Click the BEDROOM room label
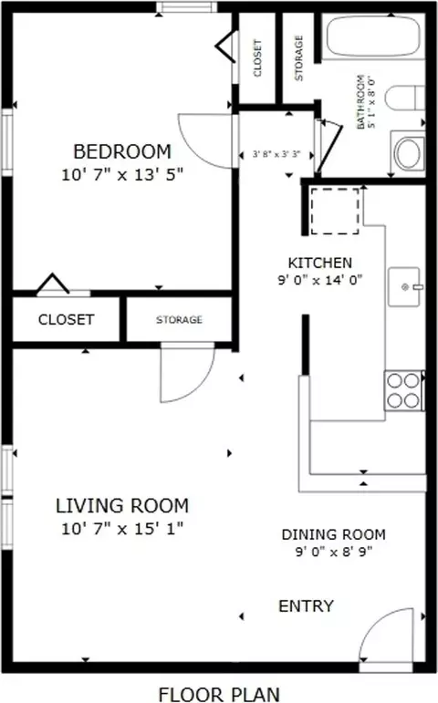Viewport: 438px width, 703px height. click(x=122, y=151)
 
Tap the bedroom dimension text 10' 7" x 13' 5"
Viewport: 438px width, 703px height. click(x=122, y=174)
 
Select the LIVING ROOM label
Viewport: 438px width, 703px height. click(x=122, y=506)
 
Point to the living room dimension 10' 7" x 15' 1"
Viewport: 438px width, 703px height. click(x=122, y=529)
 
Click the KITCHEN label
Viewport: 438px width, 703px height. click(x=320, y=263)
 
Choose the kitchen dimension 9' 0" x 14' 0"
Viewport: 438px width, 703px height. click(x=320, y=280)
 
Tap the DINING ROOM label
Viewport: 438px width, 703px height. click(x=333, y=534)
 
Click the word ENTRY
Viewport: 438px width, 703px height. click(x=306, y=606)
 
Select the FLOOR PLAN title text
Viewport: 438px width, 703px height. click(x=219, y=694)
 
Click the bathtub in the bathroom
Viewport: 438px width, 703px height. click(x=372, y=36)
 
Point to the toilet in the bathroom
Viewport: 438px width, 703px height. click(x=405, y=98)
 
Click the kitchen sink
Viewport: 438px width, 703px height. click(x=405, y=287)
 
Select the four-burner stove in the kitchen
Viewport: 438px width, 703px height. click(x=403, y=390)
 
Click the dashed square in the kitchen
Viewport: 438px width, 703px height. click(x=335, y=211)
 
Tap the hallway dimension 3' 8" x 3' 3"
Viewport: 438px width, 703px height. click(x=276, y=155)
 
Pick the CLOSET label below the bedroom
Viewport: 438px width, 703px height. click(x=66, y=320)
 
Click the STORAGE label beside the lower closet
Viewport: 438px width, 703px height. click(x=179, y=320)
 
